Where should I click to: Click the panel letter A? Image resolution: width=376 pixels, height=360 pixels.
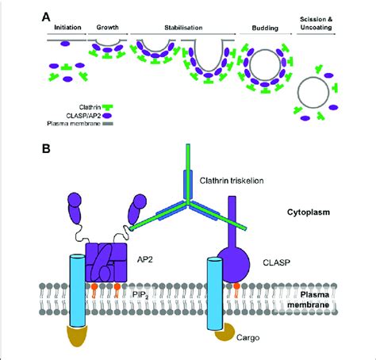[x=46, y=17]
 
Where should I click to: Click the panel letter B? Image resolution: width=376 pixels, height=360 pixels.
[x=46, y=149]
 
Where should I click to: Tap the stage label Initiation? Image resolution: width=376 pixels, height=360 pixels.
[x=67, y=28]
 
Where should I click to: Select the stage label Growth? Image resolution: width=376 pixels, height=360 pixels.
[x=107, y=27]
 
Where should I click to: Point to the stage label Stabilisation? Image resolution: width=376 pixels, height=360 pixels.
[x=183, y=28]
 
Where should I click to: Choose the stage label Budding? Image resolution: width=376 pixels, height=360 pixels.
[x=265, y=28]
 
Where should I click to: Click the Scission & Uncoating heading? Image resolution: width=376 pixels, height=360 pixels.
[x=317, y=23]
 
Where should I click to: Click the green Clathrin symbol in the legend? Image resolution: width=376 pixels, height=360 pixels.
[x=107, y=108]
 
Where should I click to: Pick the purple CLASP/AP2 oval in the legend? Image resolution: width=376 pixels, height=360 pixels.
[x=107, y=116]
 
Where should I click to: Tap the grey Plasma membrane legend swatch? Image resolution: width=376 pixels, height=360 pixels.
[x=107, y=124]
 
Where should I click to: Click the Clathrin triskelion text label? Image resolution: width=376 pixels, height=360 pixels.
[x=232, y=181]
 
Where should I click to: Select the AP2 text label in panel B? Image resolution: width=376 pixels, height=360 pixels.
[x=145, y=260]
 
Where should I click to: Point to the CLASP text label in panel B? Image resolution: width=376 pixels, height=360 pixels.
[x=277, y=262]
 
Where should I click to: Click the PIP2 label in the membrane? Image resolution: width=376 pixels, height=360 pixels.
[x=140, y=295]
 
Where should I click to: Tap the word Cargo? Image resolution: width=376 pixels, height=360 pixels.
[x=248, y=338]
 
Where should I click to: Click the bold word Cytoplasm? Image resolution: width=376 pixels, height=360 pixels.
[x=309, y=213]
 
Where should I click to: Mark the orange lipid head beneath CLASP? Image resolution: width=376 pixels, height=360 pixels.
[x=236, y=285]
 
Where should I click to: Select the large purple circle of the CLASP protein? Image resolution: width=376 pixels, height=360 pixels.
[x=236, y=264]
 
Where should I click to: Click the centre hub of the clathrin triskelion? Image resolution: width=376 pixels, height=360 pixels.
[x=188, y=202]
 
